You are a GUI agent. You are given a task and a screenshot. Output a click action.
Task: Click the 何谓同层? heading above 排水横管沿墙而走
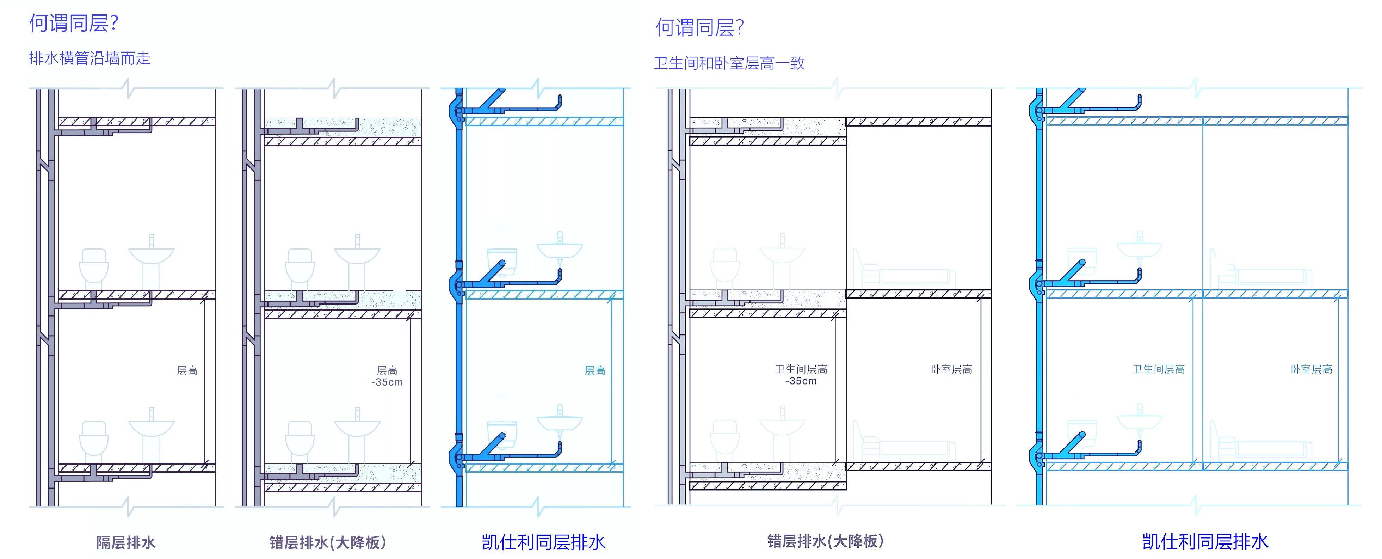click(x=74, y=24)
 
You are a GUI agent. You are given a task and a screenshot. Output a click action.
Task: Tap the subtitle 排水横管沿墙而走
click(x=90, y=58)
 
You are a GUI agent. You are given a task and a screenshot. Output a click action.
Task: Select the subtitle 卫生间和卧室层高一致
click(x=729, y=63)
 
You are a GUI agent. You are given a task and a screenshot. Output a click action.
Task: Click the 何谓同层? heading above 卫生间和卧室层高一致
click(x=699, y=28)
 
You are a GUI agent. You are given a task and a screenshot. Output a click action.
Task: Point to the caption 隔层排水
click(x=125, y=542)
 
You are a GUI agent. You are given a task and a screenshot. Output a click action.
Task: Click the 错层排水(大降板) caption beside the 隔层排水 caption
click(x=327, y=542)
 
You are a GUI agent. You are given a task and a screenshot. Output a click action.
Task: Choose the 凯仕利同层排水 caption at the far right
click(x=1205, y=542)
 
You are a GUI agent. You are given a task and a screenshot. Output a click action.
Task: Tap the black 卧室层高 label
click(x=951, y=369)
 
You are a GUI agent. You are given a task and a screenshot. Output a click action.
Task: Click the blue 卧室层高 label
click(x=1311, y=369)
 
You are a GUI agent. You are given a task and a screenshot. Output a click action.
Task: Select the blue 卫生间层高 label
click(x=1158, y=369)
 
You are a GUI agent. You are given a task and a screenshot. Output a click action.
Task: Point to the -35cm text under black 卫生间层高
click(x=801, y=381)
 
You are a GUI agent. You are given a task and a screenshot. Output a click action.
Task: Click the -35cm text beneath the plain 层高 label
click(x=387, y=382)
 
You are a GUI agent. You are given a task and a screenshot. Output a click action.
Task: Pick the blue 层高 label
click(x=594, y=370)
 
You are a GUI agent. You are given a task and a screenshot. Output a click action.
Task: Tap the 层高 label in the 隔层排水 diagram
click(x=187, y=370)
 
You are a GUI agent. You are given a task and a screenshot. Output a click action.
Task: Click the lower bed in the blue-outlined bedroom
click(x=1262, y=446)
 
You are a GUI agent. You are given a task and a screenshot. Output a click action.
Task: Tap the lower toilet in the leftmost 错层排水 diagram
click(x=300, y=440)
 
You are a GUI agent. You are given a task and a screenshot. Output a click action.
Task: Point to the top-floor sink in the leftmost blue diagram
click(x=560, y=249)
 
